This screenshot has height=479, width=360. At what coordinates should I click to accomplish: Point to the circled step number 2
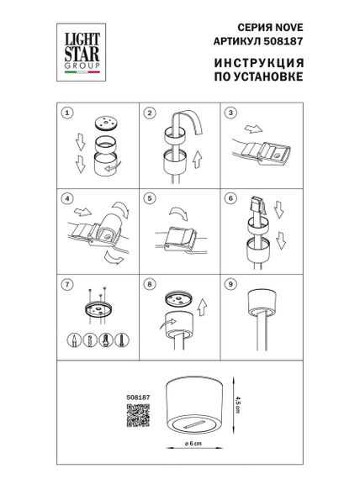pos(150,112)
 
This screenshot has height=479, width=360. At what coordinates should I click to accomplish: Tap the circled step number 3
pos(230,112)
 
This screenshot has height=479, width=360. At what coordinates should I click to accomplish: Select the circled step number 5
pos(150,199)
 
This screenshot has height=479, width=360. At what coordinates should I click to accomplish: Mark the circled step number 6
pos(230,199)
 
